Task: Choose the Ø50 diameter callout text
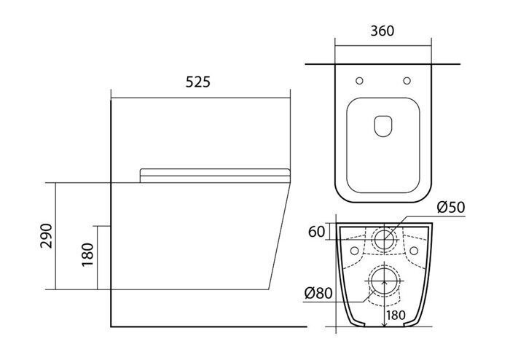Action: click(450, 208)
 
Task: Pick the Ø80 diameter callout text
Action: click(321, 294)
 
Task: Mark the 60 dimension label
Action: click(315, 232)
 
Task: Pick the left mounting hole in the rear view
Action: click(355, 251)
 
